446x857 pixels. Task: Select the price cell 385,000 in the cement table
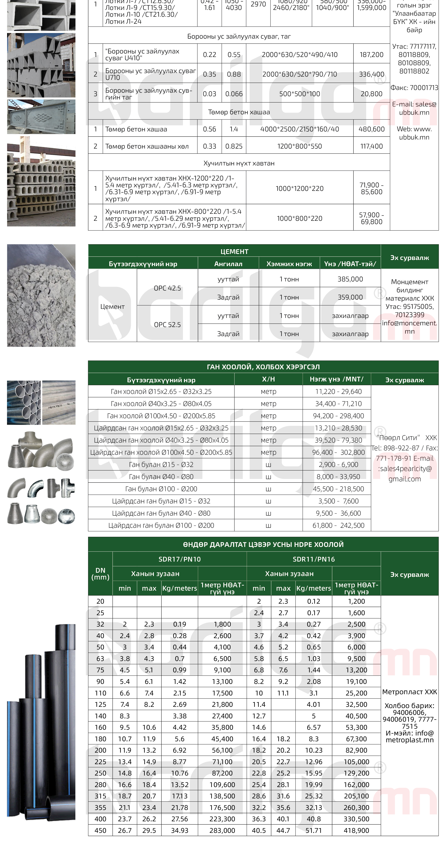(350, 279)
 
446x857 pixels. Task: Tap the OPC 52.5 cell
(167, 324)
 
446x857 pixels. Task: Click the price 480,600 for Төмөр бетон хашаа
(371, 129)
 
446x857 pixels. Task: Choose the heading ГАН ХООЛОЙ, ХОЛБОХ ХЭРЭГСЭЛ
(263, 367)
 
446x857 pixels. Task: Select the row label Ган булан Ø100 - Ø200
(161, 489)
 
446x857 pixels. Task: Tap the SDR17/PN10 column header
(179, 559)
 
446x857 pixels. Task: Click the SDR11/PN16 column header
(313, 559)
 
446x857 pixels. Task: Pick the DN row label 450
(100, 830)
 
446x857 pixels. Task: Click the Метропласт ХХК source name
(409, 692)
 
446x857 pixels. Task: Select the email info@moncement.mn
(409, 327)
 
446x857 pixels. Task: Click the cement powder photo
(41, 295)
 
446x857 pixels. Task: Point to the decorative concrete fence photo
(41, 116)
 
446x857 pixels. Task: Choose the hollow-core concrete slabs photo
(41, 181)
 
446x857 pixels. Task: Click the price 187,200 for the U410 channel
(371, 54)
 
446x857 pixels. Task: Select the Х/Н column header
(268, 379)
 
